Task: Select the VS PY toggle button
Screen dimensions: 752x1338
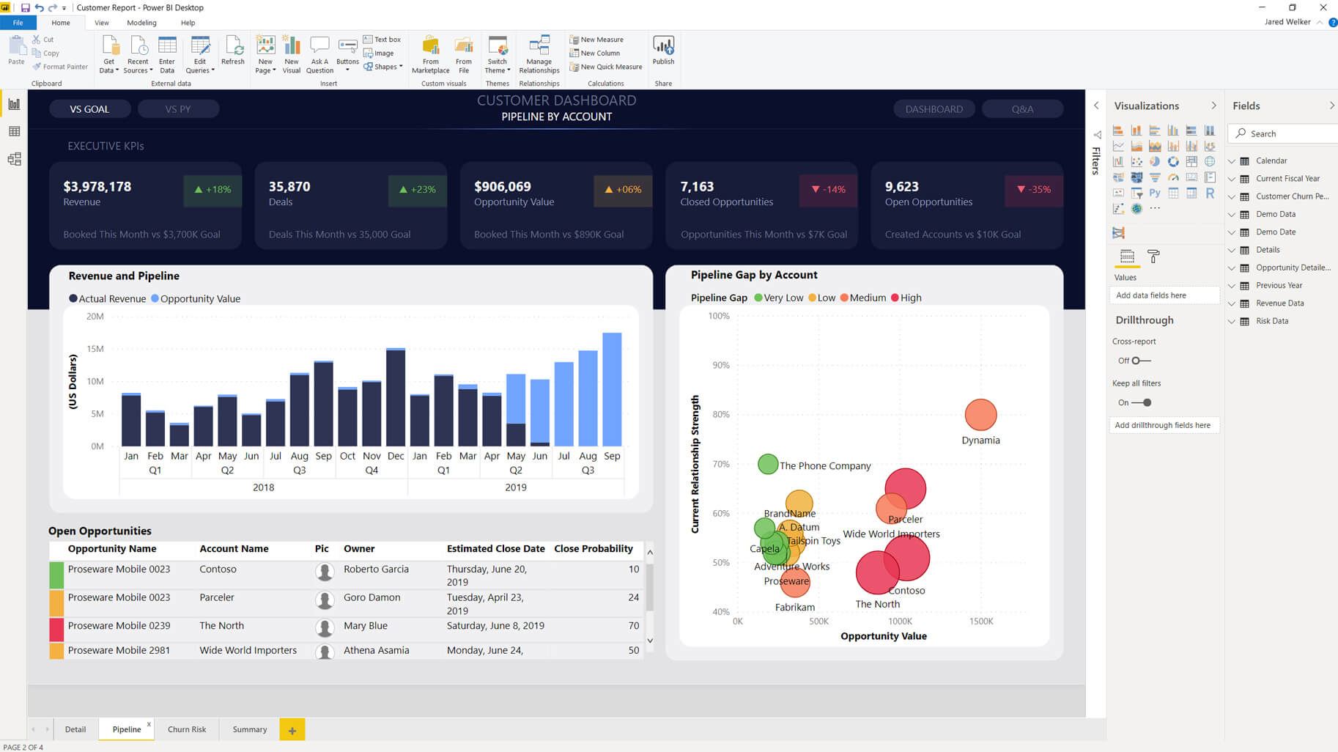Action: (x=178, y=109)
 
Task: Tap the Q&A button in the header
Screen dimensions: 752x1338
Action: (x=1022, y=109)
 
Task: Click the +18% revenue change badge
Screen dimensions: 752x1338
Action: (x=212, y=189)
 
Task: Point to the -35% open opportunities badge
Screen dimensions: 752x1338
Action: (x=1033, y=189)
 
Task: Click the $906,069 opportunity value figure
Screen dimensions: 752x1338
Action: (x=503, y=187)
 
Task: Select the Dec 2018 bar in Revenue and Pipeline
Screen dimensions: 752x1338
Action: (x=396, y=397)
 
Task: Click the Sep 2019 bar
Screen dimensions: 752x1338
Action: (x=612, y=389)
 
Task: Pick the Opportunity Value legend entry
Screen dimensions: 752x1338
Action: (x=196, y=299)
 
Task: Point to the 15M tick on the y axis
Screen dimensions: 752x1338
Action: (x=95, y=349)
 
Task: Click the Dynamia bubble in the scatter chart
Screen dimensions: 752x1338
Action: (x=980, y=415)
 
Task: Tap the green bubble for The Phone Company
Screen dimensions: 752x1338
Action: (x=767, y=464)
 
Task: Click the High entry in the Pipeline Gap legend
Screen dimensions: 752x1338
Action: (x=906, y=298)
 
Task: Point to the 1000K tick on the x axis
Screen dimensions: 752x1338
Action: (x=900, y=622)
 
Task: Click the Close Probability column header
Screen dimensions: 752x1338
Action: (x=593, y=549)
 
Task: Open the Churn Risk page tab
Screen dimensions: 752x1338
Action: (x=187, y=729)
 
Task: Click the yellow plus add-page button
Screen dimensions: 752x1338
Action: (x=292, y=730)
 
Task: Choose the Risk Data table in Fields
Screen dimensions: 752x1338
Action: (x=1271, y=321)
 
